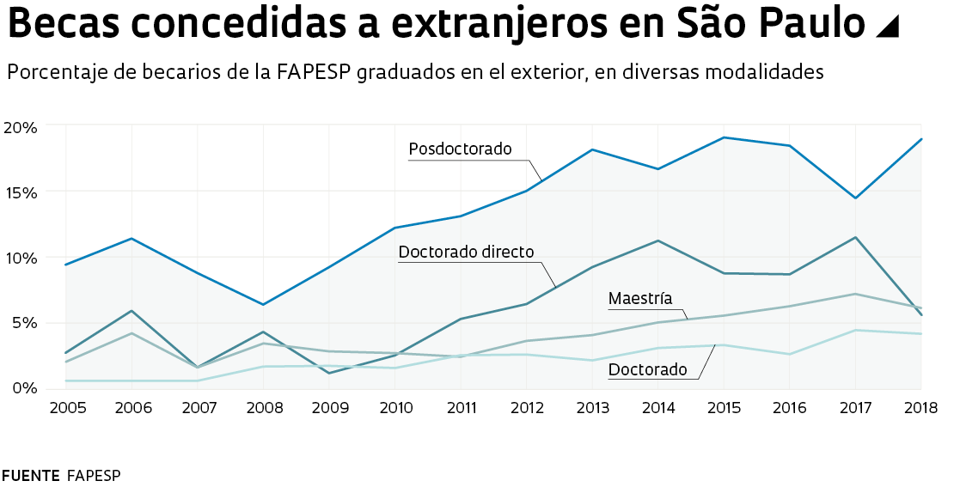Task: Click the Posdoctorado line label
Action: [x=460, y=149]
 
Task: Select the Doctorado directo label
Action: [x=467, y=253]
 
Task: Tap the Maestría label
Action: [x=639, y=299]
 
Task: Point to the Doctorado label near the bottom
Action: [x=647, y=370]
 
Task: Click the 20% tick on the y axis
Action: [x=21, y=128]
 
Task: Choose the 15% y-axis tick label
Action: [x=21, y=192]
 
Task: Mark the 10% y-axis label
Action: [x=21, y=258]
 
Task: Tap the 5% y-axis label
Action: [x=24, y=323]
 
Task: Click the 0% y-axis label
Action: [x=24, y=388]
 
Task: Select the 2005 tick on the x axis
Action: [x=67, y=407]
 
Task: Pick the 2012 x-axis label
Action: [x=526, y=407]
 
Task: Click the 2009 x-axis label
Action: [x=329, y=407]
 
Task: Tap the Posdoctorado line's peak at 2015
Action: [x=725, y=137]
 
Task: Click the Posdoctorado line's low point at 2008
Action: [x=264, y=305]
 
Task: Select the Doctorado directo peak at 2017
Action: [x=856, y=237]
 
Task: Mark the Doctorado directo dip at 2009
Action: [x=329, y=373]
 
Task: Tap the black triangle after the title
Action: [x=886, y=27]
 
